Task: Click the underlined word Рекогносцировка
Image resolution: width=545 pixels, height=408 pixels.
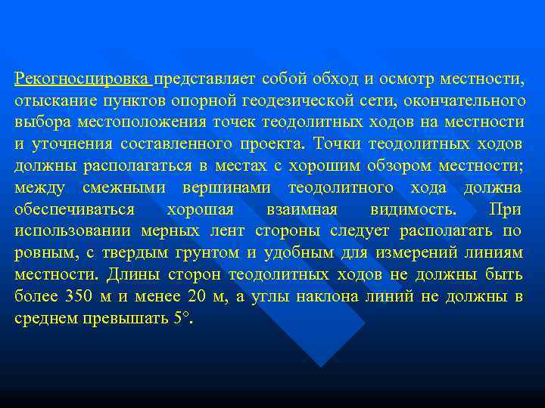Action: pos(83,78)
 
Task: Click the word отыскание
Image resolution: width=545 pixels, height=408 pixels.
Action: pos(47,100)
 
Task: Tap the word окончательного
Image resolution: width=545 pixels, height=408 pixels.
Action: pos(465,100)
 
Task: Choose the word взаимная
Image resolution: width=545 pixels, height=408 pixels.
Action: pos(297,209)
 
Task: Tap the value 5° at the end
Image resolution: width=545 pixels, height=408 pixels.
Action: pos(182,318)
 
